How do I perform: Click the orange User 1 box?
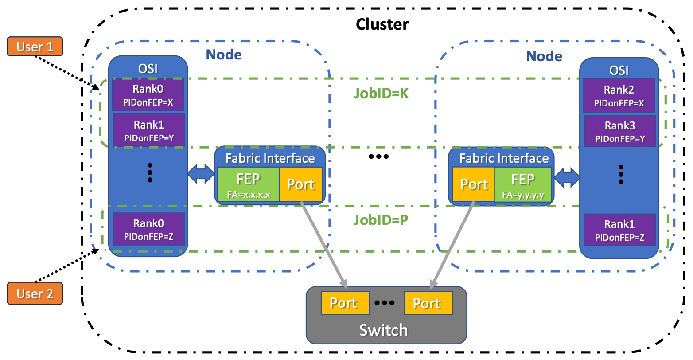coord(35,47)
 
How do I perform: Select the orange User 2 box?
coord(35,293)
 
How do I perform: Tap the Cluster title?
coord(382,24)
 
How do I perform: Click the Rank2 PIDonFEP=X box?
coord(619,96)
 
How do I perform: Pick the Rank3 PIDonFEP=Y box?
coord(620,131)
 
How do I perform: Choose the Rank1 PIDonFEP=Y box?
coord(149,130)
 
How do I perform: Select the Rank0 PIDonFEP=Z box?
coord(149,229)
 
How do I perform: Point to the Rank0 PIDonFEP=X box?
coord(148,94)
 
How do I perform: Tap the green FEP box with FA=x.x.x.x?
coord(249,184)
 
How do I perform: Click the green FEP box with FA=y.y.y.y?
coord(523,184)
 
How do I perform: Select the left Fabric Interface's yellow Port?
coord(301,184)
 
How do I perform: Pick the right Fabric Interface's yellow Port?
coord(473,184)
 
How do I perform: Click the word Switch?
coord(384,330)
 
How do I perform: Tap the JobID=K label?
coord(381,93)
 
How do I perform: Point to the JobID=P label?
coord(381,220)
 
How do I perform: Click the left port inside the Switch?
coord(345,303)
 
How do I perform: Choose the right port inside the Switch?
coord(428,303)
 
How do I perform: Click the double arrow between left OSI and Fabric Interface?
coord(201,174)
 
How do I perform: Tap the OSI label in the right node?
coord(619,70)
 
